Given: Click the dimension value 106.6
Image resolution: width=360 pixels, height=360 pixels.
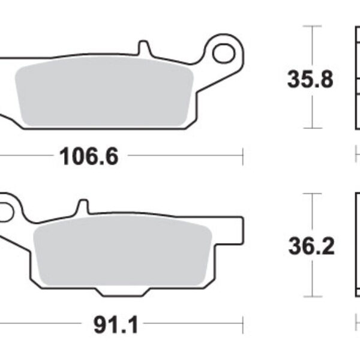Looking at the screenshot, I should click(88, 157).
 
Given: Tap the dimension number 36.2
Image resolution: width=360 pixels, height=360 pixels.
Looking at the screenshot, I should click(310, 246).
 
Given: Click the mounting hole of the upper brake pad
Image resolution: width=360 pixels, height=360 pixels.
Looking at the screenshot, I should click(223, 53).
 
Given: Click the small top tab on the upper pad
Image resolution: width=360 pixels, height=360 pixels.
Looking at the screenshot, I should click(142, 47).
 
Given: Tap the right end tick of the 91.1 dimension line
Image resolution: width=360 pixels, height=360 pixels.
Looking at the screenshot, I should click(242, 326).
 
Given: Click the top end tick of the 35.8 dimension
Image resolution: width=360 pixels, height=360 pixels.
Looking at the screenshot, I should click(310, 26).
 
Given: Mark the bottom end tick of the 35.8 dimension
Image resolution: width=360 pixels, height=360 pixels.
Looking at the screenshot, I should click(310, 128).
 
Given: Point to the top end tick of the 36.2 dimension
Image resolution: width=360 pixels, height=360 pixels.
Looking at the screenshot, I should click(310, 193).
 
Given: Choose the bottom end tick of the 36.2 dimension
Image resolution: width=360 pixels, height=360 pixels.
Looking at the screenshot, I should click(310, 296).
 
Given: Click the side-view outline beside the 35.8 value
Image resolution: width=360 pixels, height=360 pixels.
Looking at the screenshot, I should click(356, 78).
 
